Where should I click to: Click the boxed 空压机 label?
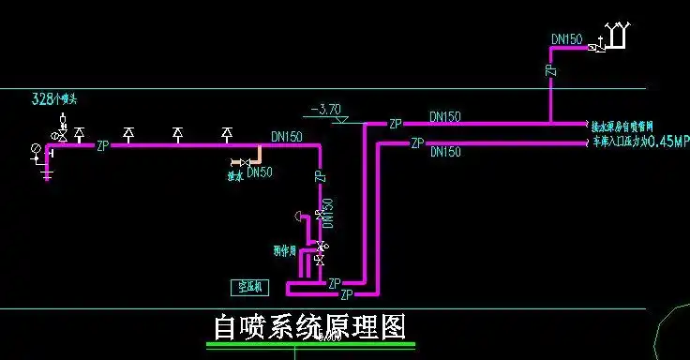coord(250,287)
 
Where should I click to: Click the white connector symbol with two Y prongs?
coord(618,36)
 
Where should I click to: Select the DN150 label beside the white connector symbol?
coord(567,39)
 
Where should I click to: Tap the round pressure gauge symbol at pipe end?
coord(36,147)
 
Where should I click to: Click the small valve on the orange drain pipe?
coord(236,162)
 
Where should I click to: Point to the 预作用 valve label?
coord(284,251)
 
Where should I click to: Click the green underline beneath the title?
coord(310,345)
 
